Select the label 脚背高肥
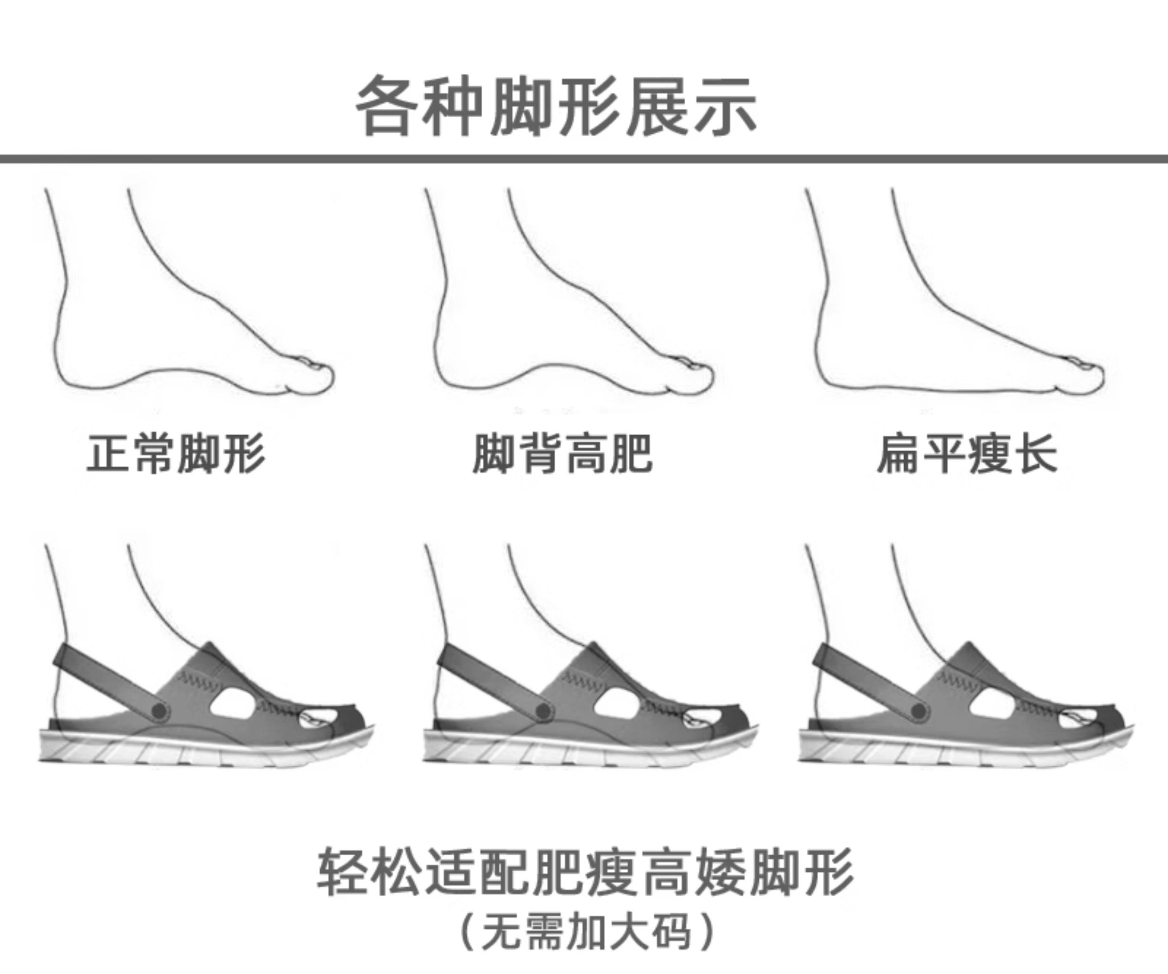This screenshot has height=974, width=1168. coord(562,454)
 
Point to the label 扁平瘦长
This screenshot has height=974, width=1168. coord(966,454)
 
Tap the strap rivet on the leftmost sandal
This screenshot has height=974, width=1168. coord(160,710)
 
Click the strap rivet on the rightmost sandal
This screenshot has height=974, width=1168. coord(919,710)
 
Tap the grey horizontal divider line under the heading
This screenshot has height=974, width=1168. coord(584,159)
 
